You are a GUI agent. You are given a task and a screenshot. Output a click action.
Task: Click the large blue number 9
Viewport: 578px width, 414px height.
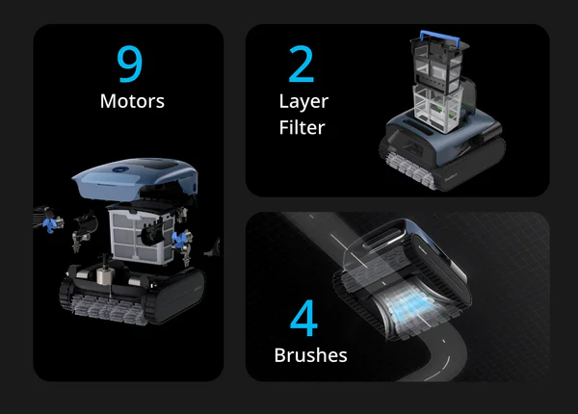coord(129,64)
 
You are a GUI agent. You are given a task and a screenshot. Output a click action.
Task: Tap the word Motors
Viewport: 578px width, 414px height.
coord(132,101)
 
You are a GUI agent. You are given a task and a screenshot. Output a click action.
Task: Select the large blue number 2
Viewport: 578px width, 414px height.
coord(302,64)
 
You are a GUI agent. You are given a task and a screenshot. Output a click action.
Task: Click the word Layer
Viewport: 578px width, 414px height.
coord(303,102)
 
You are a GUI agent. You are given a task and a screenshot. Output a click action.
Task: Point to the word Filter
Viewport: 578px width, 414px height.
coord(302,127)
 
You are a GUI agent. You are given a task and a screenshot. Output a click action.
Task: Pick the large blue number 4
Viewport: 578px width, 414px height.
coord(303,318)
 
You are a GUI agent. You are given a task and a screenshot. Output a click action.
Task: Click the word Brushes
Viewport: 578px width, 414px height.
coord(311,355)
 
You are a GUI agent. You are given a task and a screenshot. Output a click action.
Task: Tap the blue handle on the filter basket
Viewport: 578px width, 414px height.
coord(440,38)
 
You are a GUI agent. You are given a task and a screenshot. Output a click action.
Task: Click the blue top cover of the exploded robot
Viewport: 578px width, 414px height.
coord(135,179)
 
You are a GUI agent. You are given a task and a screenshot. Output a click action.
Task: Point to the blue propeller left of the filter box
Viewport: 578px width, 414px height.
coord(49,224)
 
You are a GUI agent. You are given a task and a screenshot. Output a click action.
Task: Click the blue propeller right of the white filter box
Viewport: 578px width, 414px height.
coord(179,240)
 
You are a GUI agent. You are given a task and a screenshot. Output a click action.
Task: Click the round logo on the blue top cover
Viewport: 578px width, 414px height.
coord(119,169)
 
